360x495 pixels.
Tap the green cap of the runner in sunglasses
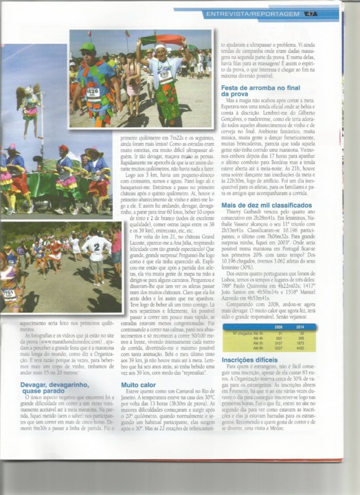tap(87, 48)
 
